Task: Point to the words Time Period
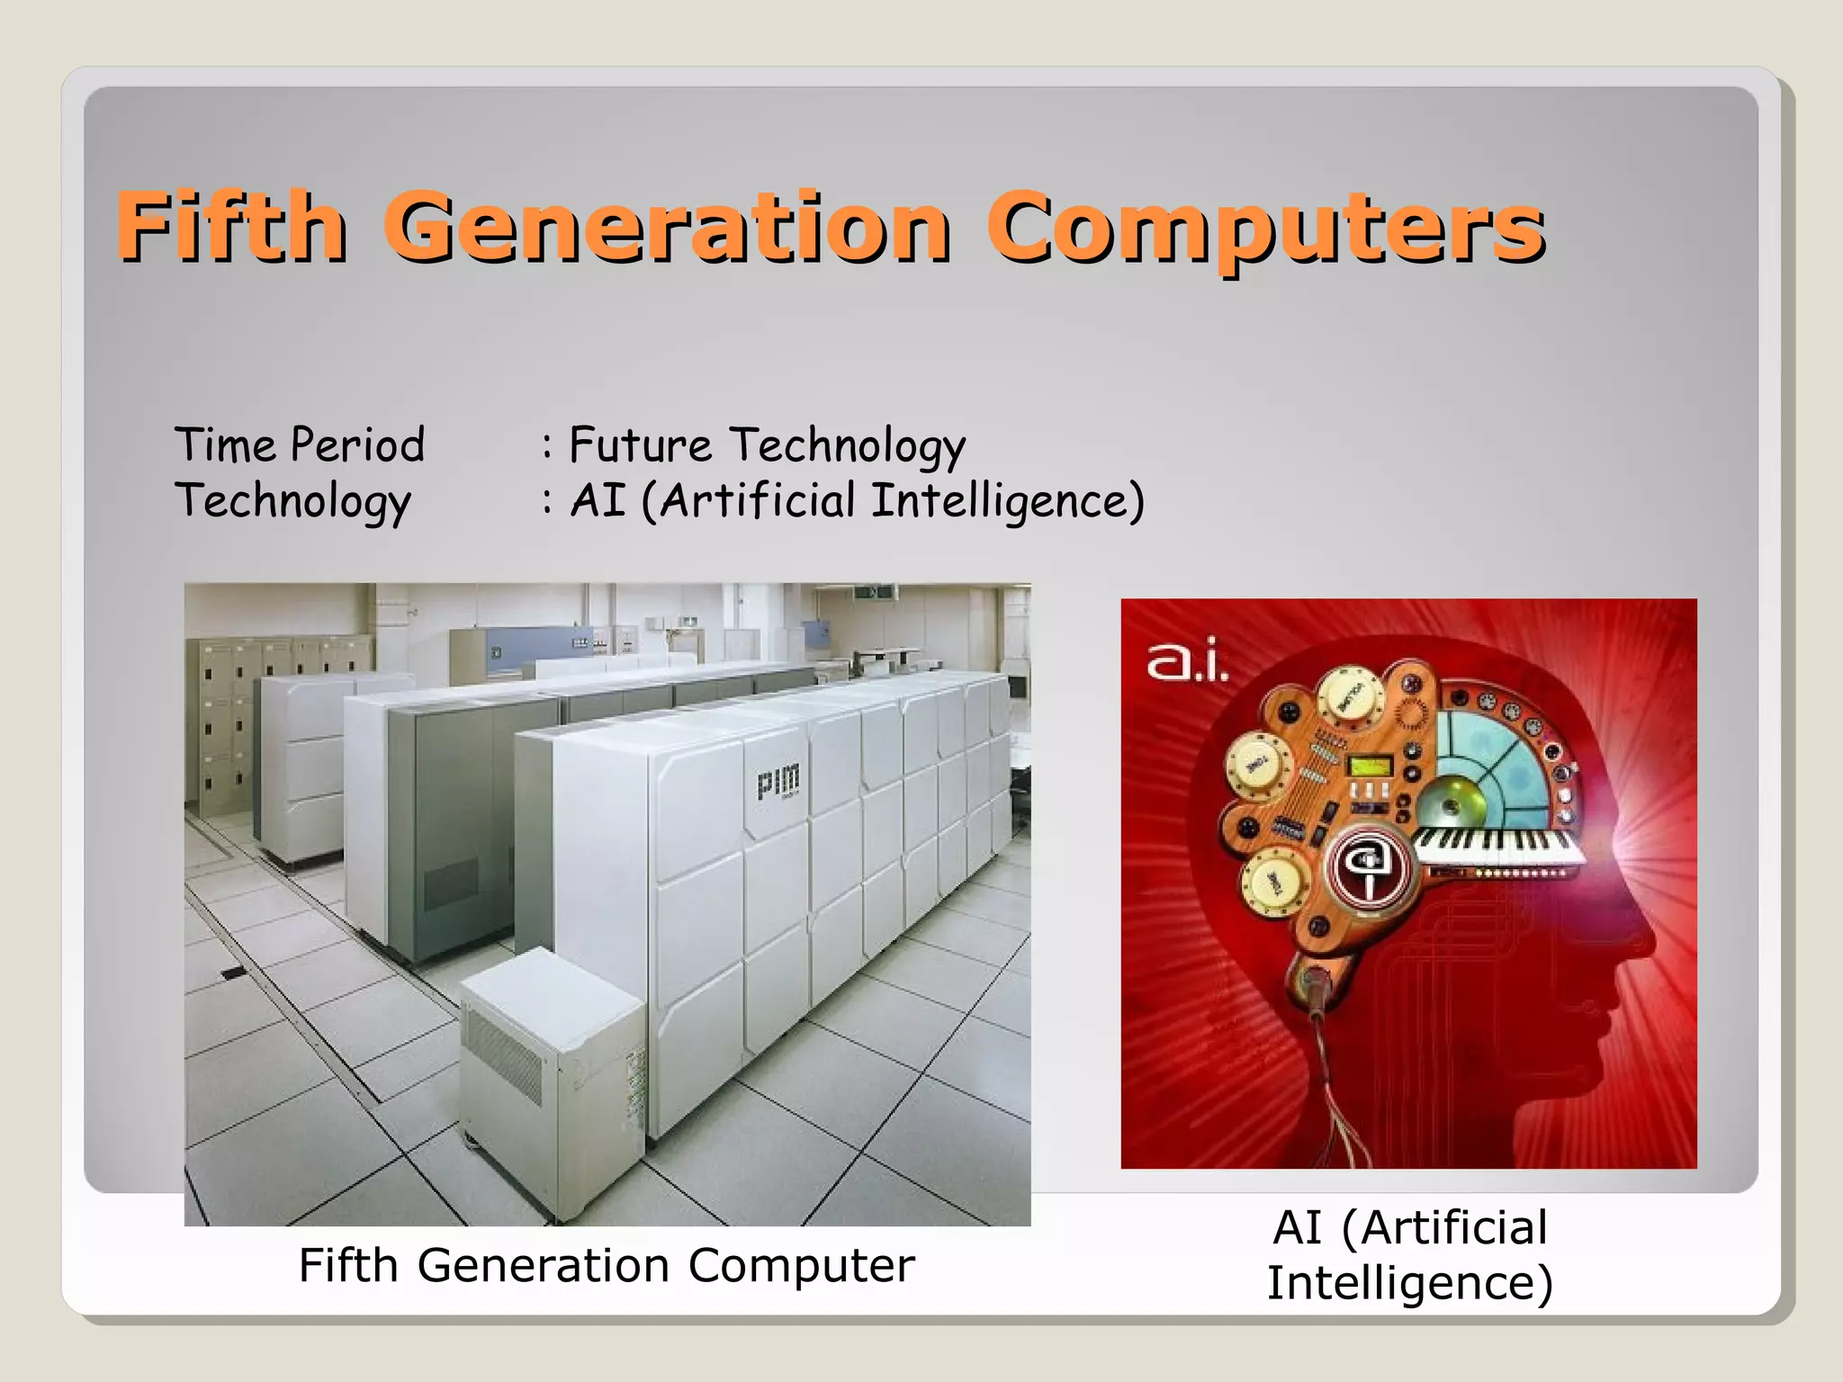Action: pos(300,444)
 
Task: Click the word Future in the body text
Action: pos(641,444)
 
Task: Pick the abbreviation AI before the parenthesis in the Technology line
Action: pos(598,500)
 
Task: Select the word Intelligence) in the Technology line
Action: pos(1008,502)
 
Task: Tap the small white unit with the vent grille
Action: pos(549,1071)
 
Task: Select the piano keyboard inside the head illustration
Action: pos(1497,846)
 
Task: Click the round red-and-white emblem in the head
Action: pos(1371,868)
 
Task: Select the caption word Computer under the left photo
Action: pos(801,1266)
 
